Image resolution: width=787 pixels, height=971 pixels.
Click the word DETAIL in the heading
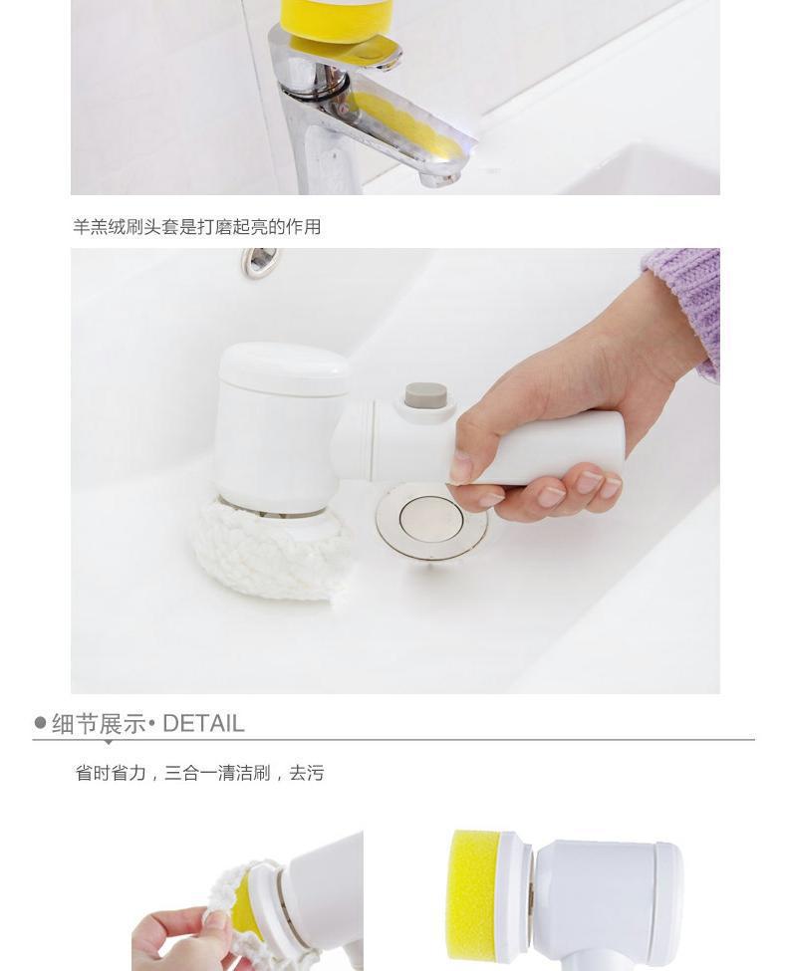click(x=203, y=723)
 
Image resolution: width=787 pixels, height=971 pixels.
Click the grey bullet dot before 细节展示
click(x=40, y=723)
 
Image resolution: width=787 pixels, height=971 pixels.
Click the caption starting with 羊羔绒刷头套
click(x=197, y=227)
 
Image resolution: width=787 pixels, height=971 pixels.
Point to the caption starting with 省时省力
click(x=199, y=773)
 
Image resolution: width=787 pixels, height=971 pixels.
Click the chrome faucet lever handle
click(x=347, y=52)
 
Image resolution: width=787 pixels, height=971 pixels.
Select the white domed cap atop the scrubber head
click(x=283, y=368)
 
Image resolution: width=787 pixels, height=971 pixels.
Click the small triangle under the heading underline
click(x=108, y=742)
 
